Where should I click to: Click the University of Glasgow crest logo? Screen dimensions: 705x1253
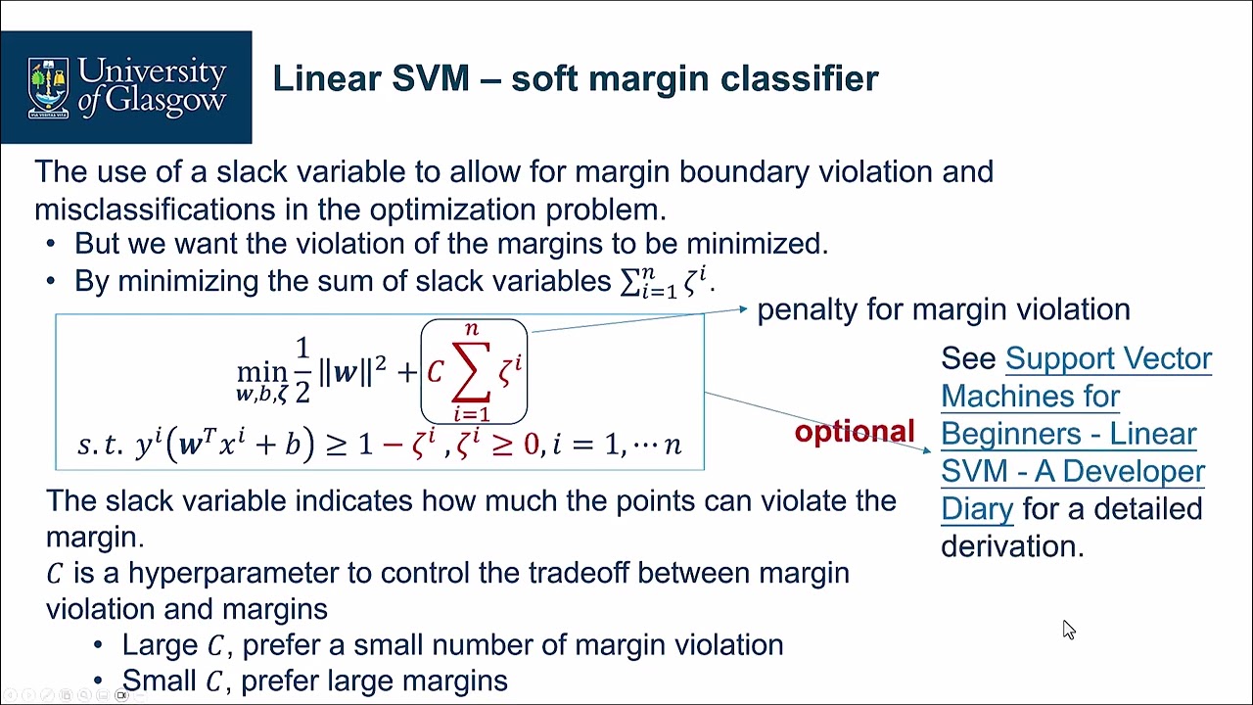pos(49,87)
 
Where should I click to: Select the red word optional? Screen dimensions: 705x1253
pos(854,432)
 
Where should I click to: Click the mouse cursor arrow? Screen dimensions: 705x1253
pos(1068,630)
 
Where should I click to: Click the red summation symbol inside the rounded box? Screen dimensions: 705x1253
pos(471,372)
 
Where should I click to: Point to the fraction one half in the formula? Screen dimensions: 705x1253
pos(302,371)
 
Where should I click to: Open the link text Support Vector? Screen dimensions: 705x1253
pos(1108,358)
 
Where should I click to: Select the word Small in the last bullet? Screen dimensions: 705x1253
pos(160,681)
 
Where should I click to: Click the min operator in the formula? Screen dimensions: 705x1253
pos(261,372)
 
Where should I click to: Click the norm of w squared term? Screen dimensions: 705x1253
pos(352,372)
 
